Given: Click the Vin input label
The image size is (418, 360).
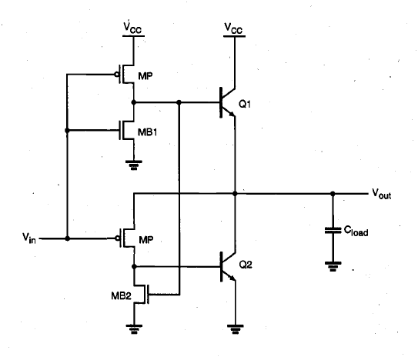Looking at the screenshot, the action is (x=28, y=238).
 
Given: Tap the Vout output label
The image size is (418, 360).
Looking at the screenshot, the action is (x=382, y=194).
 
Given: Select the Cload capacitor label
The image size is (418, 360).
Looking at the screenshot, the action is (x=356, y=231).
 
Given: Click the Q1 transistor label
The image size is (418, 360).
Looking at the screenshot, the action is (x=245, y=104).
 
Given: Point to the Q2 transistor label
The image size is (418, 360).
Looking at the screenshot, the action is (x=246, y=265).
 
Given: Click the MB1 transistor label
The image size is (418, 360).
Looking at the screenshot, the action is (x=147, y=132).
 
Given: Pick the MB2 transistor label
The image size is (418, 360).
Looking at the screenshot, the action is (x=121, y=295).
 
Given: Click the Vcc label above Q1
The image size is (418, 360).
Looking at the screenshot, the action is (x=233, y=28).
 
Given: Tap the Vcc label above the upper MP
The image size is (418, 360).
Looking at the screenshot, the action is (x=132, y=28).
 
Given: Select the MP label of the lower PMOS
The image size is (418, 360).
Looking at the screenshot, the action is (x=146, y=240).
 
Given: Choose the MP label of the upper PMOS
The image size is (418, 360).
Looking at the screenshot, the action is (x=145, y=76).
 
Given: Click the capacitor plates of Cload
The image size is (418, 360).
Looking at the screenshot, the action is (x=333, y=231).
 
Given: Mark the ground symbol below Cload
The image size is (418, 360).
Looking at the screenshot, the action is (x=333, y=266).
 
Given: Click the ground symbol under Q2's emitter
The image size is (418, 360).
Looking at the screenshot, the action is (x=235, y=329).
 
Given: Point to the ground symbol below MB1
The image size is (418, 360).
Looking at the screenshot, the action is (x=133, y=165).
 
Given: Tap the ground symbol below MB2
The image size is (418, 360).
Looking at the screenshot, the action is (x=134, y=329).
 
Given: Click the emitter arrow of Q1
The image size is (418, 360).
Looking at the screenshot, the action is (x=232, y=114).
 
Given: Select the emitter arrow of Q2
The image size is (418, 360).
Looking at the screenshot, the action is (x=232, y=278).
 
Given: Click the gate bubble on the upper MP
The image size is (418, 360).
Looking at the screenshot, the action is (x=117, y=75).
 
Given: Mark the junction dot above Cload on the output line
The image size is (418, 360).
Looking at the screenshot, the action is (x=333, y=194).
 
